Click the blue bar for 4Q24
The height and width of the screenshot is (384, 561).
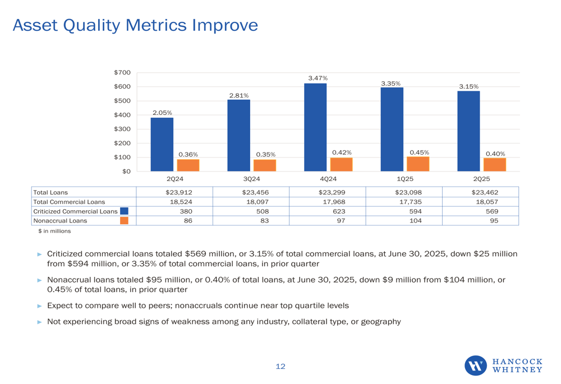315,127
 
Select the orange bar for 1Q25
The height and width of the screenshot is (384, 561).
417,164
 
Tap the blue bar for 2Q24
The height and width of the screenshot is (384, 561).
162,144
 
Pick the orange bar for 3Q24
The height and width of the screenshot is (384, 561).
264,165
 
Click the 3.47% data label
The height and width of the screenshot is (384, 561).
318,78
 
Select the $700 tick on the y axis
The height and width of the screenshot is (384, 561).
123,72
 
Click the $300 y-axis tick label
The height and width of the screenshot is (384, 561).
123,129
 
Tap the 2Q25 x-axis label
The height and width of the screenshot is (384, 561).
481,179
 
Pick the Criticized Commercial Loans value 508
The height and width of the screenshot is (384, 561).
263,211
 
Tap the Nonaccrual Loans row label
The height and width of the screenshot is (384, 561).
61,221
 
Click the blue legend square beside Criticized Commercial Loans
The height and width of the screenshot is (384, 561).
125,211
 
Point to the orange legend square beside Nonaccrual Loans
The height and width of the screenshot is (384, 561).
125,221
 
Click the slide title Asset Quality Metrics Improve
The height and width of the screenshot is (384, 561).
135,25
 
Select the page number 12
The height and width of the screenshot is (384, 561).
280,367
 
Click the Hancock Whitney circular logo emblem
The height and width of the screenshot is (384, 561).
476,366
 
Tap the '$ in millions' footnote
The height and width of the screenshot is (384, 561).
54,231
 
